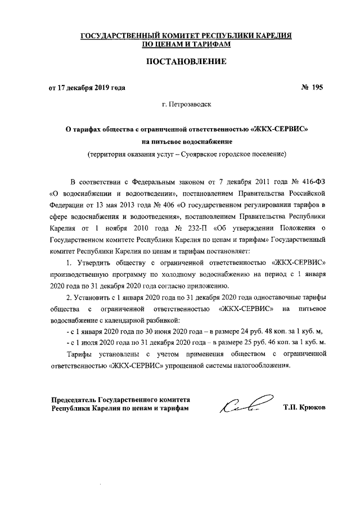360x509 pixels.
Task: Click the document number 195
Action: click(x=318, y=87)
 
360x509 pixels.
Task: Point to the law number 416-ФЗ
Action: click(x=312, y=182)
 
